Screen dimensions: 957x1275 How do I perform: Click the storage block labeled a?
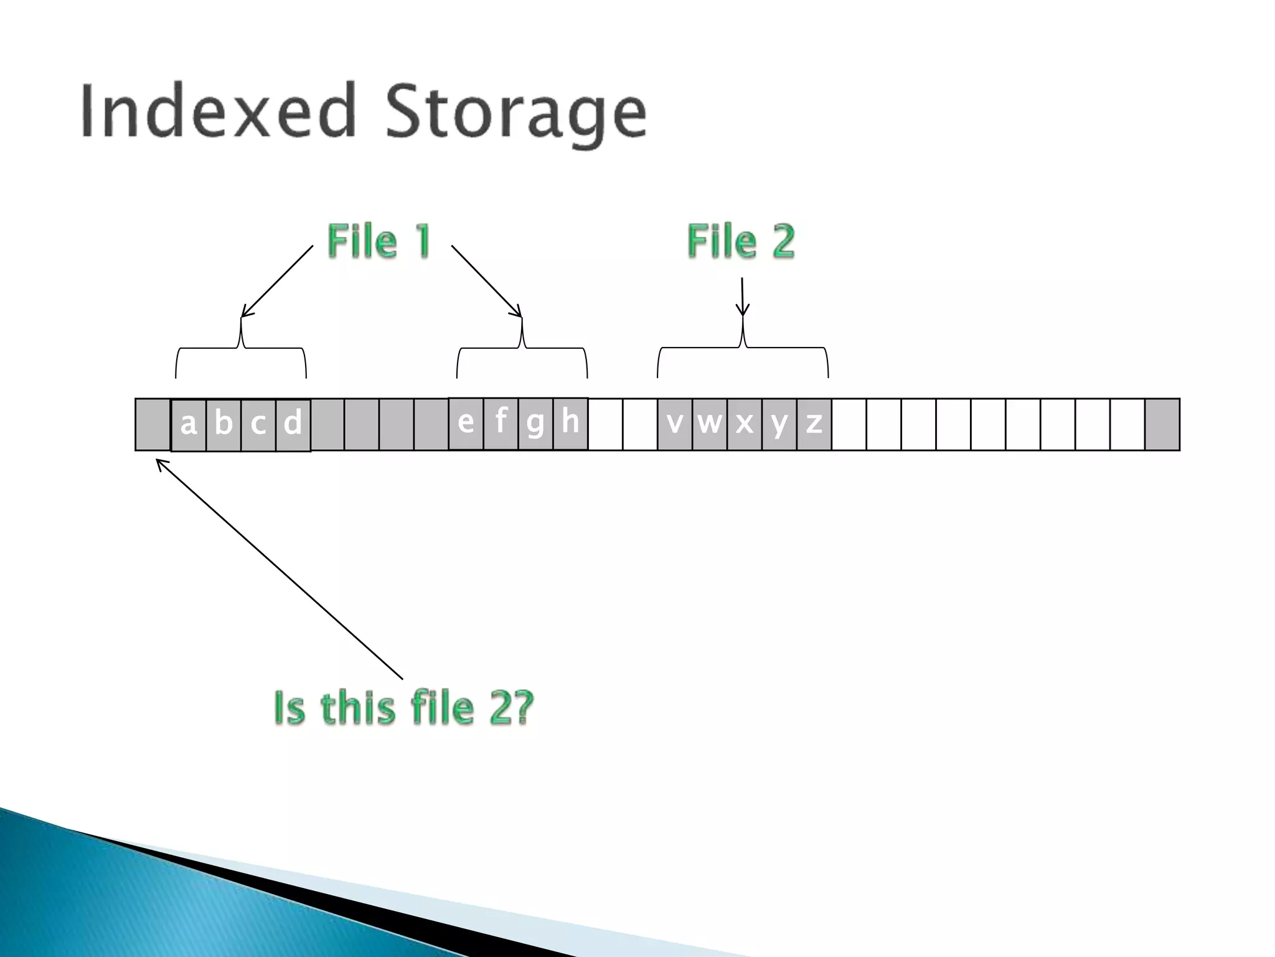pyautogui.click(x=189, y=425)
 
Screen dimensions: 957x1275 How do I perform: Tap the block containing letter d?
pyautogui.click(x=293, y=425)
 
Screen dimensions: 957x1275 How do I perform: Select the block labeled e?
pyautogui.click(x=466, y=424)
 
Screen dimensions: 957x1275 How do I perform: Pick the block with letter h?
pyautogui.click(x=570, y=424)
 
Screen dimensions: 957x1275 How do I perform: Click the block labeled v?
pyautogui.click(x=675, y=424)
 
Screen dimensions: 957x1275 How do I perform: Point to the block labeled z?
pyautogui.click(x=814, y=424)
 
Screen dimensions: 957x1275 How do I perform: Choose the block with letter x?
pyautogui.click(x=745, y=424)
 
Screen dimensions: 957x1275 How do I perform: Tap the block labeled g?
pyautogui.click(x=535, y=424)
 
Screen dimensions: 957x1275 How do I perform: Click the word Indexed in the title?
pyautogui.click(x=218, y=112)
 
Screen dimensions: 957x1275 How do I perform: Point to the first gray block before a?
pyautogui.click(x=153, y=424)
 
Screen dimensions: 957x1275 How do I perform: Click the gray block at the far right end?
pyautogui.click(x=1162, y=424)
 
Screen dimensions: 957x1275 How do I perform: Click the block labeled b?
pyautogui.click(x=223, y=425)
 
